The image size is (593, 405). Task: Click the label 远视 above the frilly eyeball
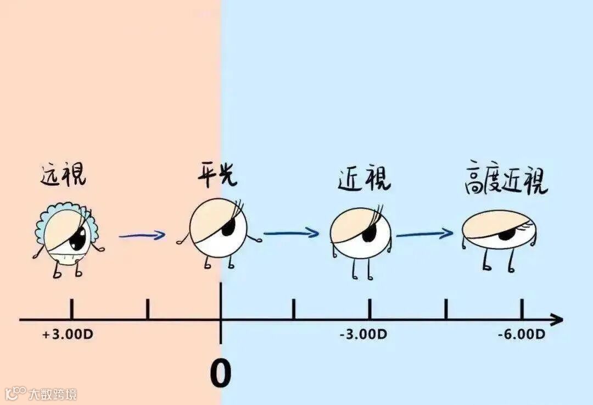pos(63,174)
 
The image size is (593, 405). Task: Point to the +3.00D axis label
pos(68,334)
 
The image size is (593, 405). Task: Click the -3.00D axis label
pos(363,334)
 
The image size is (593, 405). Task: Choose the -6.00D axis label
pos(521,334)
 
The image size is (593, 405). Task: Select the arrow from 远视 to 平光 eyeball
pos(142,236)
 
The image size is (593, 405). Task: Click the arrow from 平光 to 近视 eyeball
pos(291,233)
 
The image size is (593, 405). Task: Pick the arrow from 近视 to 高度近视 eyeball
pos(424,235)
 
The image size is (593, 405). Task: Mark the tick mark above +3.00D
pos(72,309)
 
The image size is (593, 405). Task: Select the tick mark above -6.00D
pos(521,309)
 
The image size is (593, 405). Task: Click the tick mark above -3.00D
pos(369,309)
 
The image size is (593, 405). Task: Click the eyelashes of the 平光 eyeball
pos(237,209)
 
